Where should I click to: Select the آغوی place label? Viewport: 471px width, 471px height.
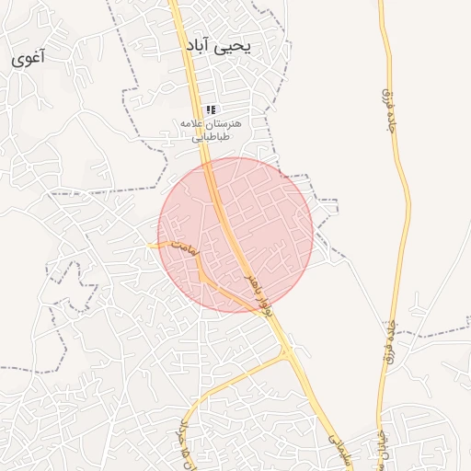tap(29, 59)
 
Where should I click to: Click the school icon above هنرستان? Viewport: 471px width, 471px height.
tap(212, 109)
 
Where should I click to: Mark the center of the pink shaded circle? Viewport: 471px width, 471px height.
tap(235, 235)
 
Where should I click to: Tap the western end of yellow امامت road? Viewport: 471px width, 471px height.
tap(151, 245)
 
